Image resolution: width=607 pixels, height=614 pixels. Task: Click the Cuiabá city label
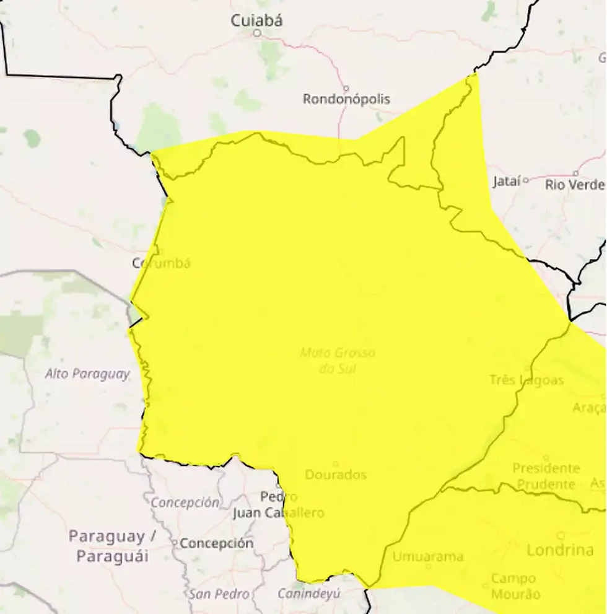tap(256, 20)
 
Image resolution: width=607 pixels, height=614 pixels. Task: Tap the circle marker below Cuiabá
tap(256, 33)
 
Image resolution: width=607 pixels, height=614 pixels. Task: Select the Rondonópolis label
tap(346, 99)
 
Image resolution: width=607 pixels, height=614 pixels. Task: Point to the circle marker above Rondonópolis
tap(346, 88)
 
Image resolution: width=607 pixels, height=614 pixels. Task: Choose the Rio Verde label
tap(574, 185)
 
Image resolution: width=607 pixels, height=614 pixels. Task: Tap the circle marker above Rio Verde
tap(575, 173)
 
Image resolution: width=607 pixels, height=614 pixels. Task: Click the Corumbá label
tap(161, 263)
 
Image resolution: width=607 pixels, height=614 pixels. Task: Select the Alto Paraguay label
tap(87, 374)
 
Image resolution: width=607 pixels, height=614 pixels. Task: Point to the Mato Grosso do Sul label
tap(338, 361)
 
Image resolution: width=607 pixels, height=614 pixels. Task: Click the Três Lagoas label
tap(526, 380)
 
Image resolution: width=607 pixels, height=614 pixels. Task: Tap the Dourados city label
tap(336, 475)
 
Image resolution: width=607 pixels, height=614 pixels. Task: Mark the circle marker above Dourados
tap(336, 463)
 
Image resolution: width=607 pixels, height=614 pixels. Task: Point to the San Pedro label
tap(220, 594)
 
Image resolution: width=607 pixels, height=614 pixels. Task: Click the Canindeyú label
tap(308, 594)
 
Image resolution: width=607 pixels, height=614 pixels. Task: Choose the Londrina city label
tap(560, 550)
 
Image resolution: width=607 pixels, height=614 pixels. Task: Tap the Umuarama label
tap(427, 556)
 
